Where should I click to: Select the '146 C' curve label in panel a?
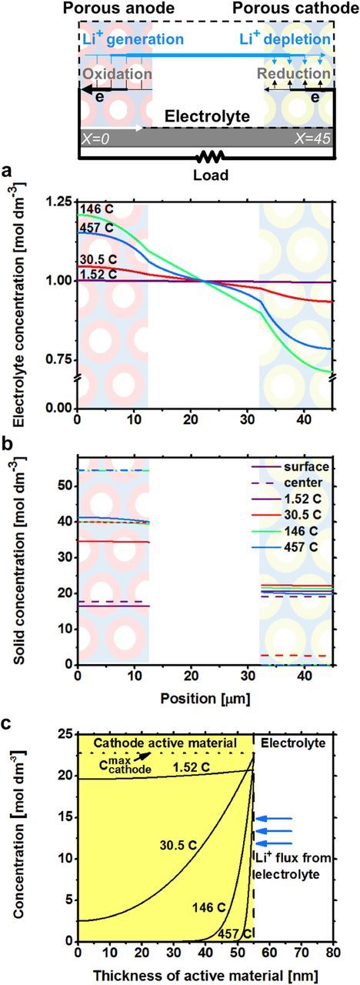[97, 209]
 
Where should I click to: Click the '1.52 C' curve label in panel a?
[98, 274]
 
